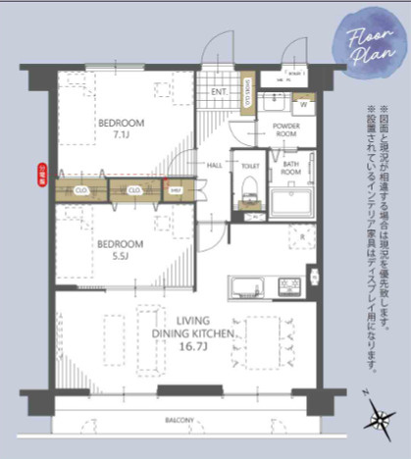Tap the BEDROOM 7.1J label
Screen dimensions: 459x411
click(121, 128)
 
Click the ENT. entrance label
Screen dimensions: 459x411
click(220, 93)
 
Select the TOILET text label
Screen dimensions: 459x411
click(249, 167)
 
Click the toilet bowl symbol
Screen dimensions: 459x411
click(249, 187)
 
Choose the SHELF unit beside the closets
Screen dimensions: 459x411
click(177, 190)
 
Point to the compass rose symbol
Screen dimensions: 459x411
click(377, 418)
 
